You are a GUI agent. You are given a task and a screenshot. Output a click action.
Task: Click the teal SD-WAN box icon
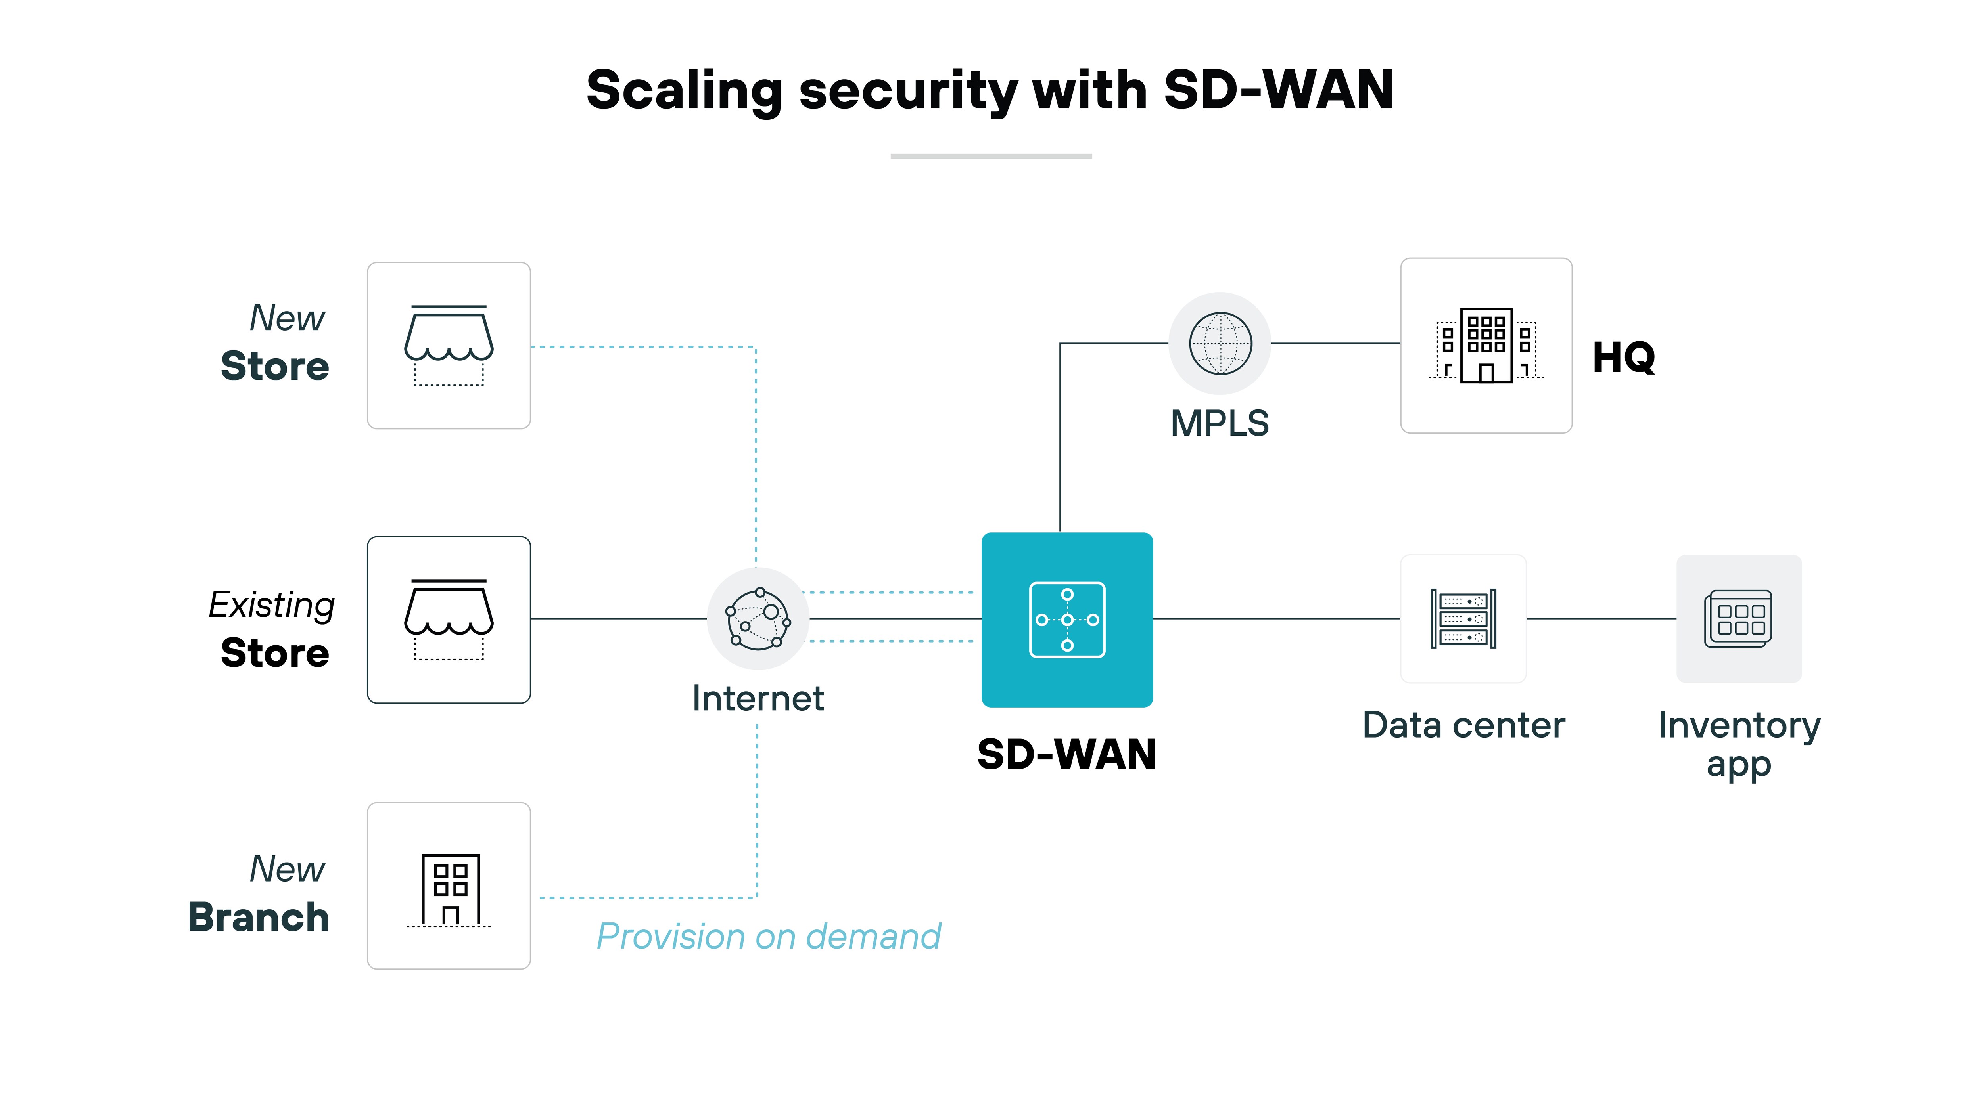(x=1067, y=620)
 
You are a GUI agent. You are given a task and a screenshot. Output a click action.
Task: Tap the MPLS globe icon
(x=1220, y=343)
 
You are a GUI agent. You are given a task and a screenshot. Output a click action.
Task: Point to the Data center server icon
(x=1463, y=619)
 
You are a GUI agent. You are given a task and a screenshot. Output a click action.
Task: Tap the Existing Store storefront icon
(x=449, y=620)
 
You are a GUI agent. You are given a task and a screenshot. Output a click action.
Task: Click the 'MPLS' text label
(x=1220, y=423)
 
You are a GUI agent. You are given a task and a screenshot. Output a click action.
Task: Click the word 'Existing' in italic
(x=272, y=605)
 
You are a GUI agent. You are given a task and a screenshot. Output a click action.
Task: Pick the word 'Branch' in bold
(x=259, y=917)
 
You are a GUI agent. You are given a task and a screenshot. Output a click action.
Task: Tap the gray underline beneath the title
(x=991, y=156)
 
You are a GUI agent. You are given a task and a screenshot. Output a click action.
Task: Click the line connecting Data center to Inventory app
(x=1601, y=619)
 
